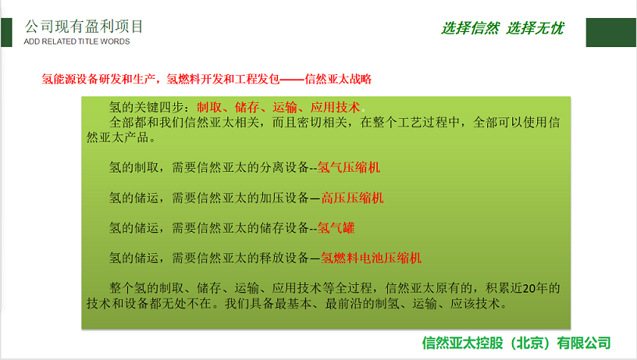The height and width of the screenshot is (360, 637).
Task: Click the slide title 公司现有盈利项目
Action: click(84, 27)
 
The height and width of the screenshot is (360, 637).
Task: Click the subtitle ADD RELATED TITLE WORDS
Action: click(77, 41)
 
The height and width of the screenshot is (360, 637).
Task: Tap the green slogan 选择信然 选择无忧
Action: click(503, 28)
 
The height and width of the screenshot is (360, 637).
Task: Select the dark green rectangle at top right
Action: click(611, 33)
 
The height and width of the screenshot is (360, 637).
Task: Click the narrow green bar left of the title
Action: click(6, 33)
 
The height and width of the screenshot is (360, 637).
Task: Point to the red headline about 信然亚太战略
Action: click(206, 79)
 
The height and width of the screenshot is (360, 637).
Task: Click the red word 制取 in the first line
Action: click(209, 107)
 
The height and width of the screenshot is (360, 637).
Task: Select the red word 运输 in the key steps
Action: click(285, 107)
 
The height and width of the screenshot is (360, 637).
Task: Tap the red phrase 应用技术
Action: click(335, 107)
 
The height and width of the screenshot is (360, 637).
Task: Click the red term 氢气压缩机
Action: click(349, 167)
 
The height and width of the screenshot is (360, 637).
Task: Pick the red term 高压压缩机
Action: click(352, 198)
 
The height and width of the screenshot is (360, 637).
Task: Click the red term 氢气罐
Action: click(336, 228)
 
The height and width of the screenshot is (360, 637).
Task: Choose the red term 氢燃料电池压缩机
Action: click(372, 258)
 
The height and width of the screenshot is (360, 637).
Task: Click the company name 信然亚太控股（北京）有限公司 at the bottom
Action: click(516, 343)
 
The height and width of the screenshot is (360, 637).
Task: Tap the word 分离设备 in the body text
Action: click(284, 167)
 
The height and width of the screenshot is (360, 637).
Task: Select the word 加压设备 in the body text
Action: click(284, 198)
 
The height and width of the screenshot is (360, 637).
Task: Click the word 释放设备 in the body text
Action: click(284, 258)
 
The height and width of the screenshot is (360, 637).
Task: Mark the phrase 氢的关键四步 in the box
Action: click(147, 107)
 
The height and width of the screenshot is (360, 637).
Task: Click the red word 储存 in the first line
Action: click(247, 107)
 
